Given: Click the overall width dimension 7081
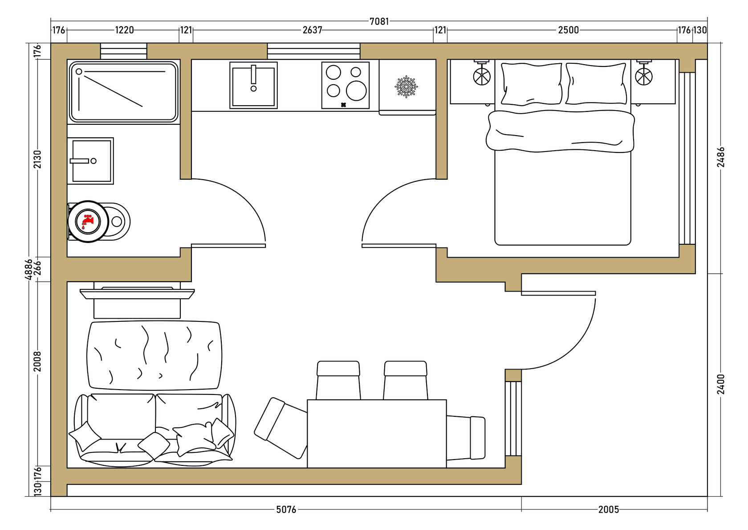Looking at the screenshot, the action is (379, 21).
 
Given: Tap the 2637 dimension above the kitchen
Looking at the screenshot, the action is (312, 30).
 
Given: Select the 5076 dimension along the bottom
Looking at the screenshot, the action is (286, 509).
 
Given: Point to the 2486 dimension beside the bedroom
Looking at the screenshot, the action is (721, 157).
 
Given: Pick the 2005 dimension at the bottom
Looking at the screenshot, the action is (608, 509).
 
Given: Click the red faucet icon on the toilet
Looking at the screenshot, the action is (88, 221).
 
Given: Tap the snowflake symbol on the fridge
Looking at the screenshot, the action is (407, 86).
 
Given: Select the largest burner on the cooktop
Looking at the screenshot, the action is (356, 90).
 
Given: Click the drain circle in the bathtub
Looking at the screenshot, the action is (79, 72).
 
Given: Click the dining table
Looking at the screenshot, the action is (377, 434).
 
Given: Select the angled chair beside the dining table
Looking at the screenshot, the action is (280, 428).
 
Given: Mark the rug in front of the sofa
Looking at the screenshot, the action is (154, 356).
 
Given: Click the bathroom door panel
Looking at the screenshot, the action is (228, 246).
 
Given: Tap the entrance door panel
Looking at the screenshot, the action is (558, 293).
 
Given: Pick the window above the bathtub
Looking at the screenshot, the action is (124, 51).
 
